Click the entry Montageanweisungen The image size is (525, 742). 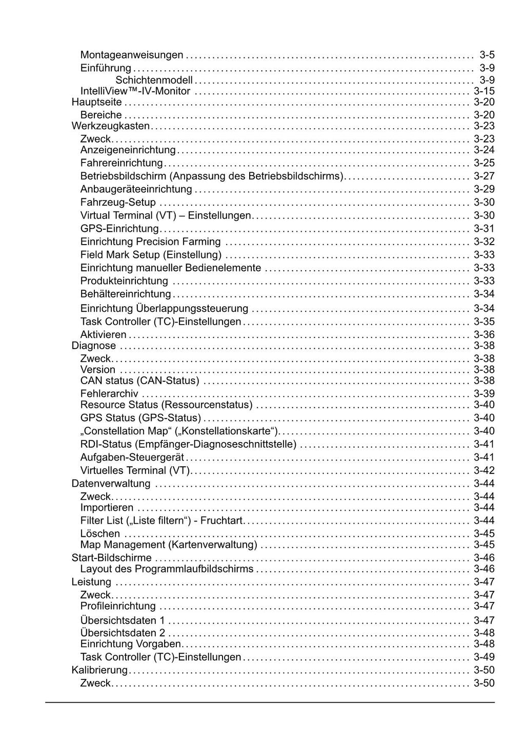[132, 55]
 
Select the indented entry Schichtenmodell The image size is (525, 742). [154, 80]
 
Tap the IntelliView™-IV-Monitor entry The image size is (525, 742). [135, 91]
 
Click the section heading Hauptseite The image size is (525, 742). [96, 102]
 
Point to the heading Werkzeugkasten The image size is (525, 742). [110, 126]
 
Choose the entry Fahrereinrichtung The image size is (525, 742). [122, 163]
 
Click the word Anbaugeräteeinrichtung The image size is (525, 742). [136, 189]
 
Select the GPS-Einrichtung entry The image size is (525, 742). [119, 229]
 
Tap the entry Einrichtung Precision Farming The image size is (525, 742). [150, 242]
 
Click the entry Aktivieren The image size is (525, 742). [103, 335]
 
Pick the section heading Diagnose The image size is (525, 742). [94, 346]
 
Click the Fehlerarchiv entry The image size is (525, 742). [109, 394]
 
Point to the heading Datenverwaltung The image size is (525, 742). [111, 484]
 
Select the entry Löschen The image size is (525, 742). [100, 534]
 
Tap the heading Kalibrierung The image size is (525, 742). [99, 670]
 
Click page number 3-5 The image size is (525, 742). [487, 55]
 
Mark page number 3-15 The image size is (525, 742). [484, 91]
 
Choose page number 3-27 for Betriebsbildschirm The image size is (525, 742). [484, 176]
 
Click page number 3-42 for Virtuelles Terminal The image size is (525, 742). [484, 471]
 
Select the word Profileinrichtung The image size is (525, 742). [118, 606]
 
